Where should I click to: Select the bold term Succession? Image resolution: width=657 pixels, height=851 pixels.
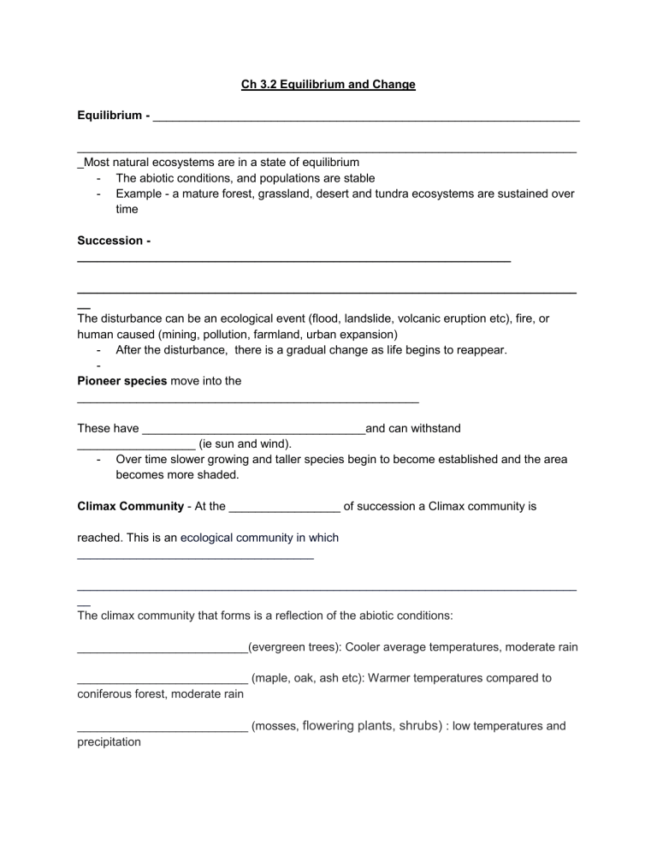(109, 241)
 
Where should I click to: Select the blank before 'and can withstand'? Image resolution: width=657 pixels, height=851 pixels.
(253, 429)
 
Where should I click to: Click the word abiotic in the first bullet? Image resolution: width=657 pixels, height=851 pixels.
(159, 178)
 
